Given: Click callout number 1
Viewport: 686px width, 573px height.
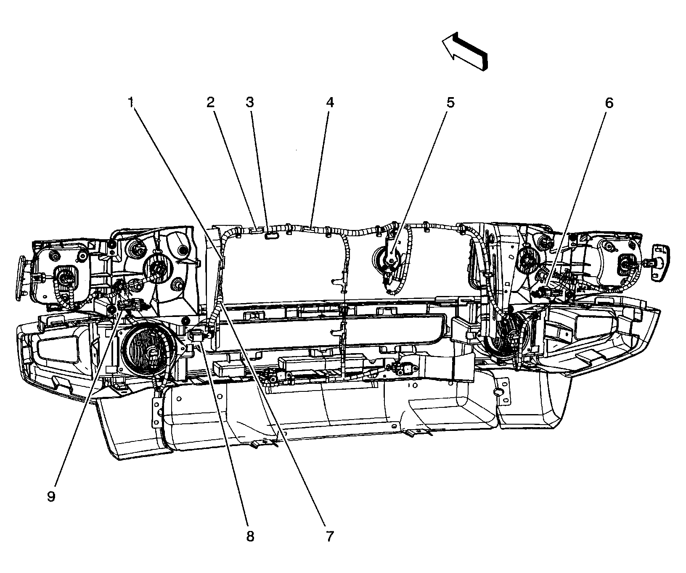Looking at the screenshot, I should pyautogui.click(x=131, y=102).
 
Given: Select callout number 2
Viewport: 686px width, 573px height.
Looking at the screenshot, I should pyautogui.click(x=210, y=102).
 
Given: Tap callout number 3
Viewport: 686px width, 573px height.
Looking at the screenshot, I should pyautogui.click(x=250, y=102).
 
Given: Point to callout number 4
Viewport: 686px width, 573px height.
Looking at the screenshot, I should pyautogui.click(x=330, y=102).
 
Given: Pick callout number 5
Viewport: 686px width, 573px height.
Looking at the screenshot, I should pyautogui.click(x=450, y=102).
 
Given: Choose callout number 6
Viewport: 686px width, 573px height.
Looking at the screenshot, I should pyautogui.click(x=609, y=102).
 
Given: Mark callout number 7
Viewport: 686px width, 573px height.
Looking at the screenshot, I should pyautogui.click(x=329, y=536).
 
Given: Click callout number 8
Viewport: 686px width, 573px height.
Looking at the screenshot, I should pyautogui.click(x=250, y=536).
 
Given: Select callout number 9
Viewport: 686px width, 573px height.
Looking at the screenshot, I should pyautogui.click(x=51, y=496).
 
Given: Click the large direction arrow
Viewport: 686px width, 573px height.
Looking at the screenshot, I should pyautogui.click(x=465, y=53).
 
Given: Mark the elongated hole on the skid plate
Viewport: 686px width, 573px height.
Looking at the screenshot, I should pyautogui.click(x=499, y=393).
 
